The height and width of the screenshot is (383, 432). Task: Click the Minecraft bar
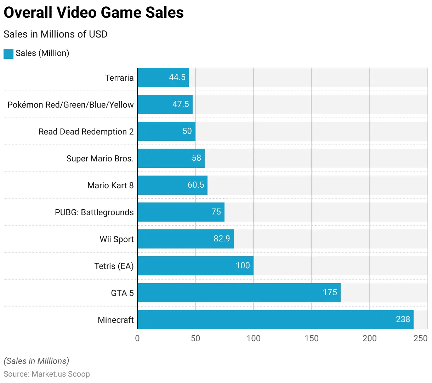tap(275, 320)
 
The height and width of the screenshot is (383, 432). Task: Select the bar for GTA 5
tap(239, 293)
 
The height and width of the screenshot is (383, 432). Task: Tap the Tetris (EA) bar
tap(195, 266)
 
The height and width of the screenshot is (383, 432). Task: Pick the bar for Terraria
tap(163, 78)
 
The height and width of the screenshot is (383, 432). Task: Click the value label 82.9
tap(222, 239)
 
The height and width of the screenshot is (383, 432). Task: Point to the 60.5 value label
tap(196, 185)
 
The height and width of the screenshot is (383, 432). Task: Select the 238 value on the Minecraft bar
tap(403, 319)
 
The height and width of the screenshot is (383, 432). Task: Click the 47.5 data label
tap(181, 104)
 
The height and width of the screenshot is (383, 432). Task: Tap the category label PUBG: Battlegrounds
tap(94, 212)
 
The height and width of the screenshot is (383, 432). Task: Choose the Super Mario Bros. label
tap(100, 159)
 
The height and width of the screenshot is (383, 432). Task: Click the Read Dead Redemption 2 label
tap(86, 132)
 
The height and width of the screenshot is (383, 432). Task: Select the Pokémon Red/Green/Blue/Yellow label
tap(70, 105)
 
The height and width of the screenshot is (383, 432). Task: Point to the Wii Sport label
tap(116, 239)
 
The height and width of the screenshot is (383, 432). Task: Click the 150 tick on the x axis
tap(311, 338)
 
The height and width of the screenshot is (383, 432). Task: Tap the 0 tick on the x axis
tap(137, 338)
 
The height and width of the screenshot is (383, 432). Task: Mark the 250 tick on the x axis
tap(420, 338)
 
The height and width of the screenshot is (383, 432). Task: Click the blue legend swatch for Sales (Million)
tap(8, 53)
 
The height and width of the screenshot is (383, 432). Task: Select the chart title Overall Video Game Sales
tap(93, 13)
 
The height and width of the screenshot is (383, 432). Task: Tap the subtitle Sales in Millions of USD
tap(56, 34)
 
